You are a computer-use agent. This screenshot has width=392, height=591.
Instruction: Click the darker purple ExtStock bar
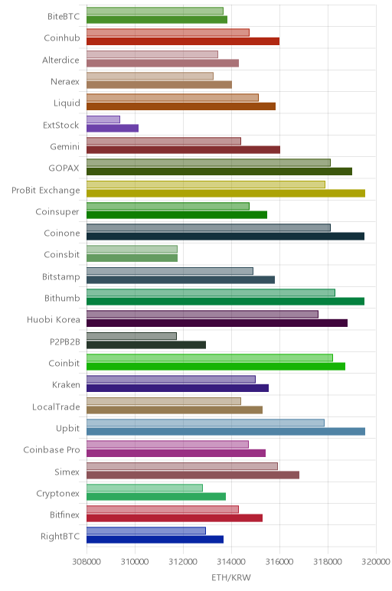(x=113, y=128)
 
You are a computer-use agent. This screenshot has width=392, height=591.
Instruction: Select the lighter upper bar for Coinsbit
(x=132, y=249)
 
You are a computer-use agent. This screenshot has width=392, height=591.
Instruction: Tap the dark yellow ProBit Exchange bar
(x=226, y=194)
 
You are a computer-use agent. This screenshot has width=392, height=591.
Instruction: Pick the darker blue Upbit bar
(x=226, y=432)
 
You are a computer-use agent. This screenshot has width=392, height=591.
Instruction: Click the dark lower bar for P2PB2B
(x=146, y=344)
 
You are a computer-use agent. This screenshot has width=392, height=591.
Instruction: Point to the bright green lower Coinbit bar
(x=216, y=367)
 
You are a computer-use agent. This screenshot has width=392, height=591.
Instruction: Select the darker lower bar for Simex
(x=193, y=475)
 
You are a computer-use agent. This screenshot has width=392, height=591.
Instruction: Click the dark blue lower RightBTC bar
(x=155, y=540)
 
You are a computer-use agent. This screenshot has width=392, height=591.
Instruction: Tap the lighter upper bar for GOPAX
(x=208, y=162)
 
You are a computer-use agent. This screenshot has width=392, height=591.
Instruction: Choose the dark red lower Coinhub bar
(x=183, y=41)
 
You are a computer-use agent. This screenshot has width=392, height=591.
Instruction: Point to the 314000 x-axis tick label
(x=231, y=562)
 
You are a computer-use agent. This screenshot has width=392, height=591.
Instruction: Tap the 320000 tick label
(x=376, y=562)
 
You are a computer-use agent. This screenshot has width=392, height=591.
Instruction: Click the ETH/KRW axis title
(x=231, y=578)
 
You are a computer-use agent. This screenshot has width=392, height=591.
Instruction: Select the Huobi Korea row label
(x=54, y=320)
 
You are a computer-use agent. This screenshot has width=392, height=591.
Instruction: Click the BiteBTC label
(x=64, y=16)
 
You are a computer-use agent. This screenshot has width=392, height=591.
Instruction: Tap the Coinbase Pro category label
(x=51, y=449)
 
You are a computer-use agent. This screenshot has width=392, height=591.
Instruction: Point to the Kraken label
(x=66, y=384)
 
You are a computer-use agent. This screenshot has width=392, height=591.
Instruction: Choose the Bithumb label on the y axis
(x=62, y=298)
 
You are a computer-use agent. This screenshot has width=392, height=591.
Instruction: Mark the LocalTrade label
(x=56, y=407)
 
